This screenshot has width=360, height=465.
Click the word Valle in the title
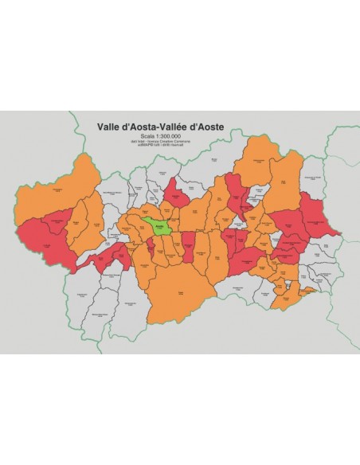(108, 126)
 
